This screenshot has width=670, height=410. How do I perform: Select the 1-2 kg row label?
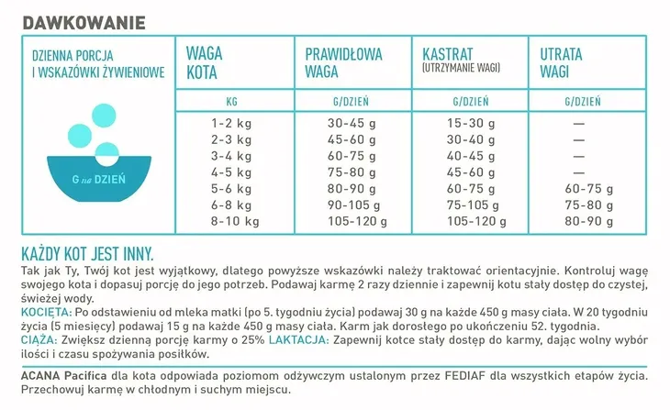[231, 123]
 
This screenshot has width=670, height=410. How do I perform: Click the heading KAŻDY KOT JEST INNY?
[86, 254]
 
